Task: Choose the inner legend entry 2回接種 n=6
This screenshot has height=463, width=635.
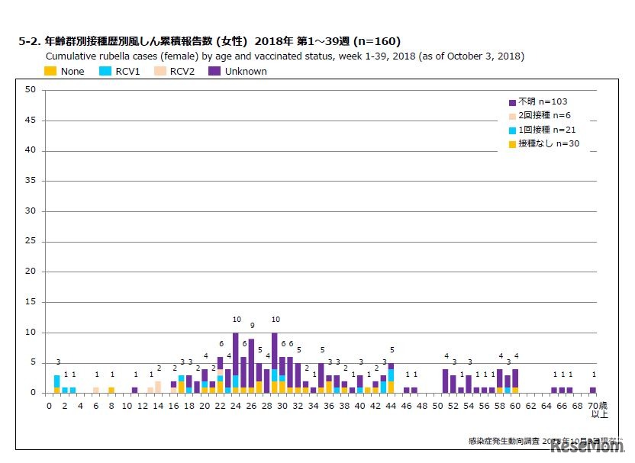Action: pos(543,116)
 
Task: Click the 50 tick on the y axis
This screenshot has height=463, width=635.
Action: pos(31,90)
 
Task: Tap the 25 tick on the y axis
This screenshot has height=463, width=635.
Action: pos(31,241)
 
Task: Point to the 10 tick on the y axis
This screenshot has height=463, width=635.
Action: pos(31,333)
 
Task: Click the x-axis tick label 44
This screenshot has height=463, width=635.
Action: pos(392,405)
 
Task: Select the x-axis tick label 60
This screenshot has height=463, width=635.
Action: pos(515,405)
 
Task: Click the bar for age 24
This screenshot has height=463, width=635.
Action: pos(235,362)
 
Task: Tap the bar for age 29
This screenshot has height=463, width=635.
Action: pos(274,362)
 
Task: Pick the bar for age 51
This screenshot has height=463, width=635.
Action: pos(445,381)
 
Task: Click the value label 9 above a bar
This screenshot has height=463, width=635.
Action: pos(251,326)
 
